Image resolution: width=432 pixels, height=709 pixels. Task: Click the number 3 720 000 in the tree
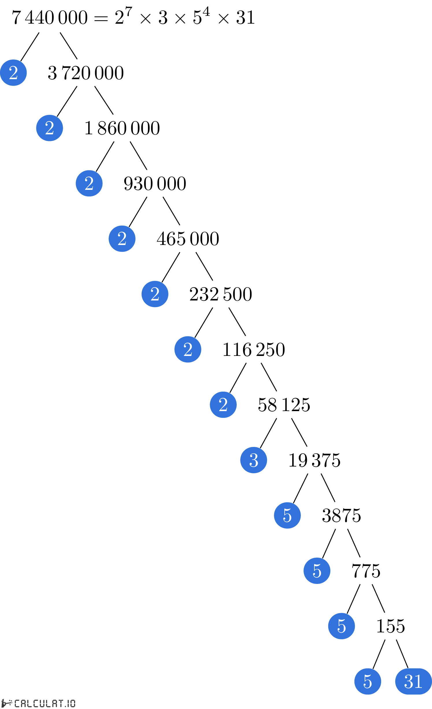tap(86, 73)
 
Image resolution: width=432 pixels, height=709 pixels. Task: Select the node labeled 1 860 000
tap(122, 128)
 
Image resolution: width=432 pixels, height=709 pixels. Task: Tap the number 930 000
tap(155, 183)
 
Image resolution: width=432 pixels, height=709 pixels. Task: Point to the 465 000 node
tap(188, 239)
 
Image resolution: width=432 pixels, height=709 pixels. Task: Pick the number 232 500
tap(221, 294)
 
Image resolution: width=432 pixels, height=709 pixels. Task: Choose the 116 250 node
tap(254, 350)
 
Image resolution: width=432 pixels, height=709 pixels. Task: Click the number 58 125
tap(284, 405)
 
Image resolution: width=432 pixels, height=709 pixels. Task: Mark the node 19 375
tap(314, 460)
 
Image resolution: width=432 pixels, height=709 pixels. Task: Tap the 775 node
tap(366, 571)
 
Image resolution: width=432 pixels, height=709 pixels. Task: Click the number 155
tap(391, 626)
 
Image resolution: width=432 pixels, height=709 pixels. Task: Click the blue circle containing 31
tap(414, 681)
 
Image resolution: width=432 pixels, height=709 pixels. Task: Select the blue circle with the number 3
tap(254, 460)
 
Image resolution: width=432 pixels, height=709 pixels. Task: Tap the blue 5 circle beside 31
tap(368, 681)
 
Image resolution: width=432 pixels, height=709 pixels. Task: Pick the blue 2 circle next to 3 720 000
tap(13, 73)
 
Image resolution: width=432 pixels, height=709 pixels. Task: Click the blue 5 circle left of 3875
tap(288, 515)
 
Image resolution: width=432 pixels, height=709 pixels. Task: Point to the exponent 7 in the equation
tap(129, 12)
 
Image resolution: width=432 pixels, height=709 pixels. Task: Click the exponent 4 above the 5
tap(206, 12)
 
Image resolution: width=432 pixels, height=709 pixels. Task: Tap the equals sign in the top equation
tap(101, 19)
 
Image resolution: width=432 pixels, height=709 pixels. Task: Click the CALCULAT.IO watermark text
tap(45, 703)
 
